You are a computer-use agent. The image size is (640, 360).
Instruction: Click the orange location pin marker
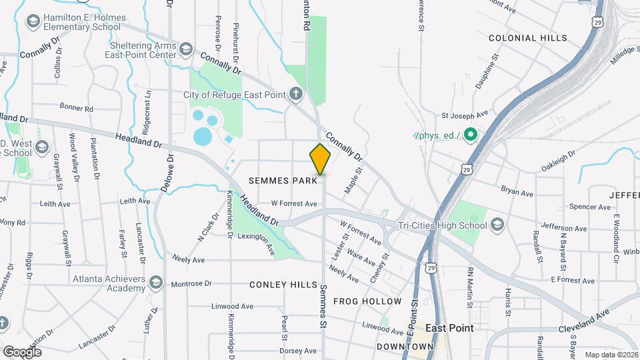321,159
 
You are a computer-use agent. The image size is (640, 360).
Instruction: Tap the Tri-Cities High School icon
496,225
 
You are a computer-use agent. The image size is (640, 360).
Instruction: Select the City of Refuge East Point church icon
297,94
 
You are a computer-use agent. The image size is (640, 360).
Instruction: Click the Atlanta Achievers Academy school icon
155,283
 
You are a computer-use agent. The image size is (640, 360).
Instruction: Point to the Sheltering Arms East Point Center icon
186,49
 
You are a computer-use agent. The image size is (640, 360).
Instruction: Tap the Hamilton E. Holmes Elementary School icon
32,22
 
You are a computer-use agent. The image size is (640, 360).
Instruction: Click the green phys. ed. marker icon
471,135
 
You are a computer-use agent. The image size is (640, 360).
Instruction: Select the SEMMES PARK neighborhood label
283,181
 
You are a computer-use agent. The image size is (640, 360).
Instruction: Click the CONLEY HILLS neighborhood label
283,285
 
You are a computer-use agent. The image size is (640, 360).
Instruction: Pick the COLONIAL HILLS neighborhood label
528,38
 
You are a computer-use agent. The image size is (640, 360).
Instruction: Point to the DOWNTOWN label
405,347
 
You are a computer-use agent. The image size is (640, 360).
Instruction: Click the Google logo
22,351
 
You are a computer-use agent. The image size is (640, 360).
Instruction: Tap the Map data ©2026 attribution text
611,355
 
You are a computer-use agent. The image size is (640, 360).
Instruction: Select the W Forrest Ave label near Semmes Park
293,203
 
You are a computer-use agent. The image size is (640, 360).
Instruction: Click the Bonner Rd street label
76,107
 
